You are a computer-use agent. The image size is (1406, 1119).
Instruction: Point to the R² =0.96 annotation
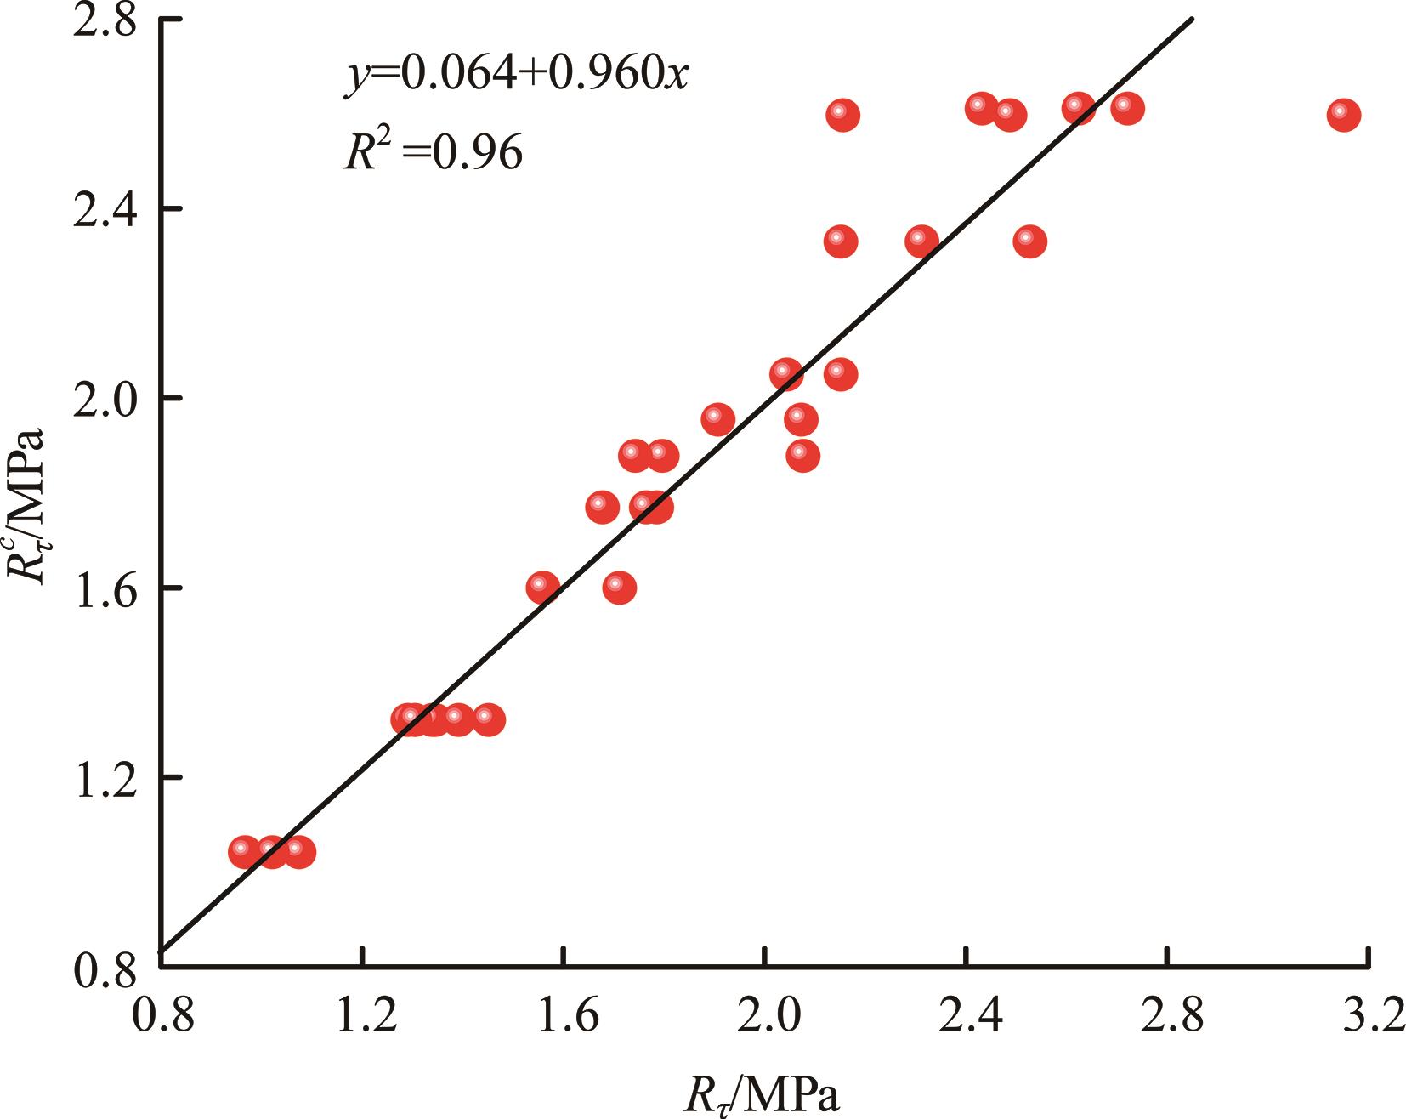433,153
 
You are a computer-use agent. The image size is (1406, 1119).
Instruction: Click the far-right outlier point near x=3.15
1344,115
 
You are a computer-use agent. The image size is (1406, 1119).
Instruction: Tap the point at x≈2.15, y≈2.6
842,115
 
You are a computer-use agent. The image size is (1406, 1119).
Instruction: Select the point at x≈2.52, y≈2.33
1029,241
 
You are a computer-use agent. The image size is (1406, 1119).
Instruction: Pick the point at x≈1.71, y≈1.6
620,588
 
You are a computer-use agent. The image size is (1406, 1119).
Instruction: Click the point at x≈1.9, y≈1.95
718,419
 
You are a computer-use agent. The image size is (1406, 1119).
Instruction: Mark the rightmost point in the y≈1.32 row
488,719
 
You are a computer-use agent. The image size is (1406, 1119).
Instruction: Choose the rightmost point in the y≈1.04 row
298,852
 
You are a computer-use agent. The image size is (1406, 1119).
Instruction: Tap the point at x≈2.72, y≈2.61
1127,109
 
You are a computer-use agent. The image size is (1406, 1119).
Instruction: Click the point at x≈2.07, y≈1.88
802,456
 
